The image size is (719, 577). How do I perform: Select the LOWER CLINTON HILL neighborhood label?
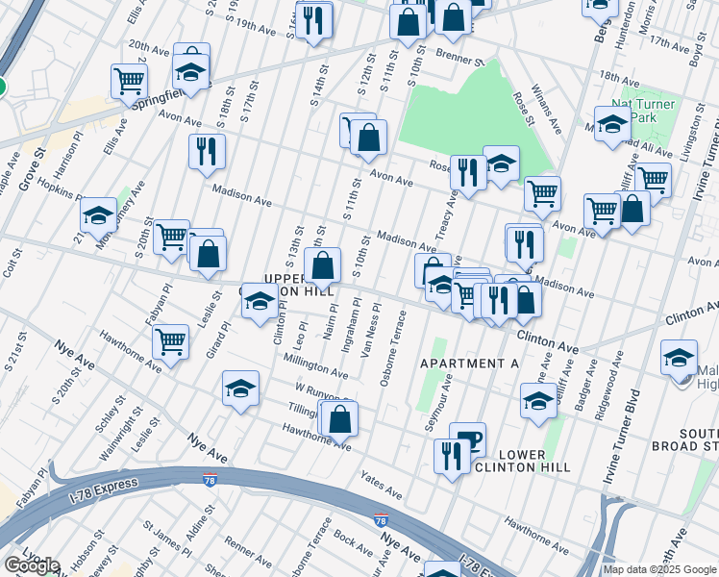(x=523, y=461)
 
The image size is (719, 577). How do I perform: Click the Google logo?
(x=31, y=565)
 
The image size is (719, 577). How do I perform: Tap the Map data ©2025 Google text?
(x=659, y=569)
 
